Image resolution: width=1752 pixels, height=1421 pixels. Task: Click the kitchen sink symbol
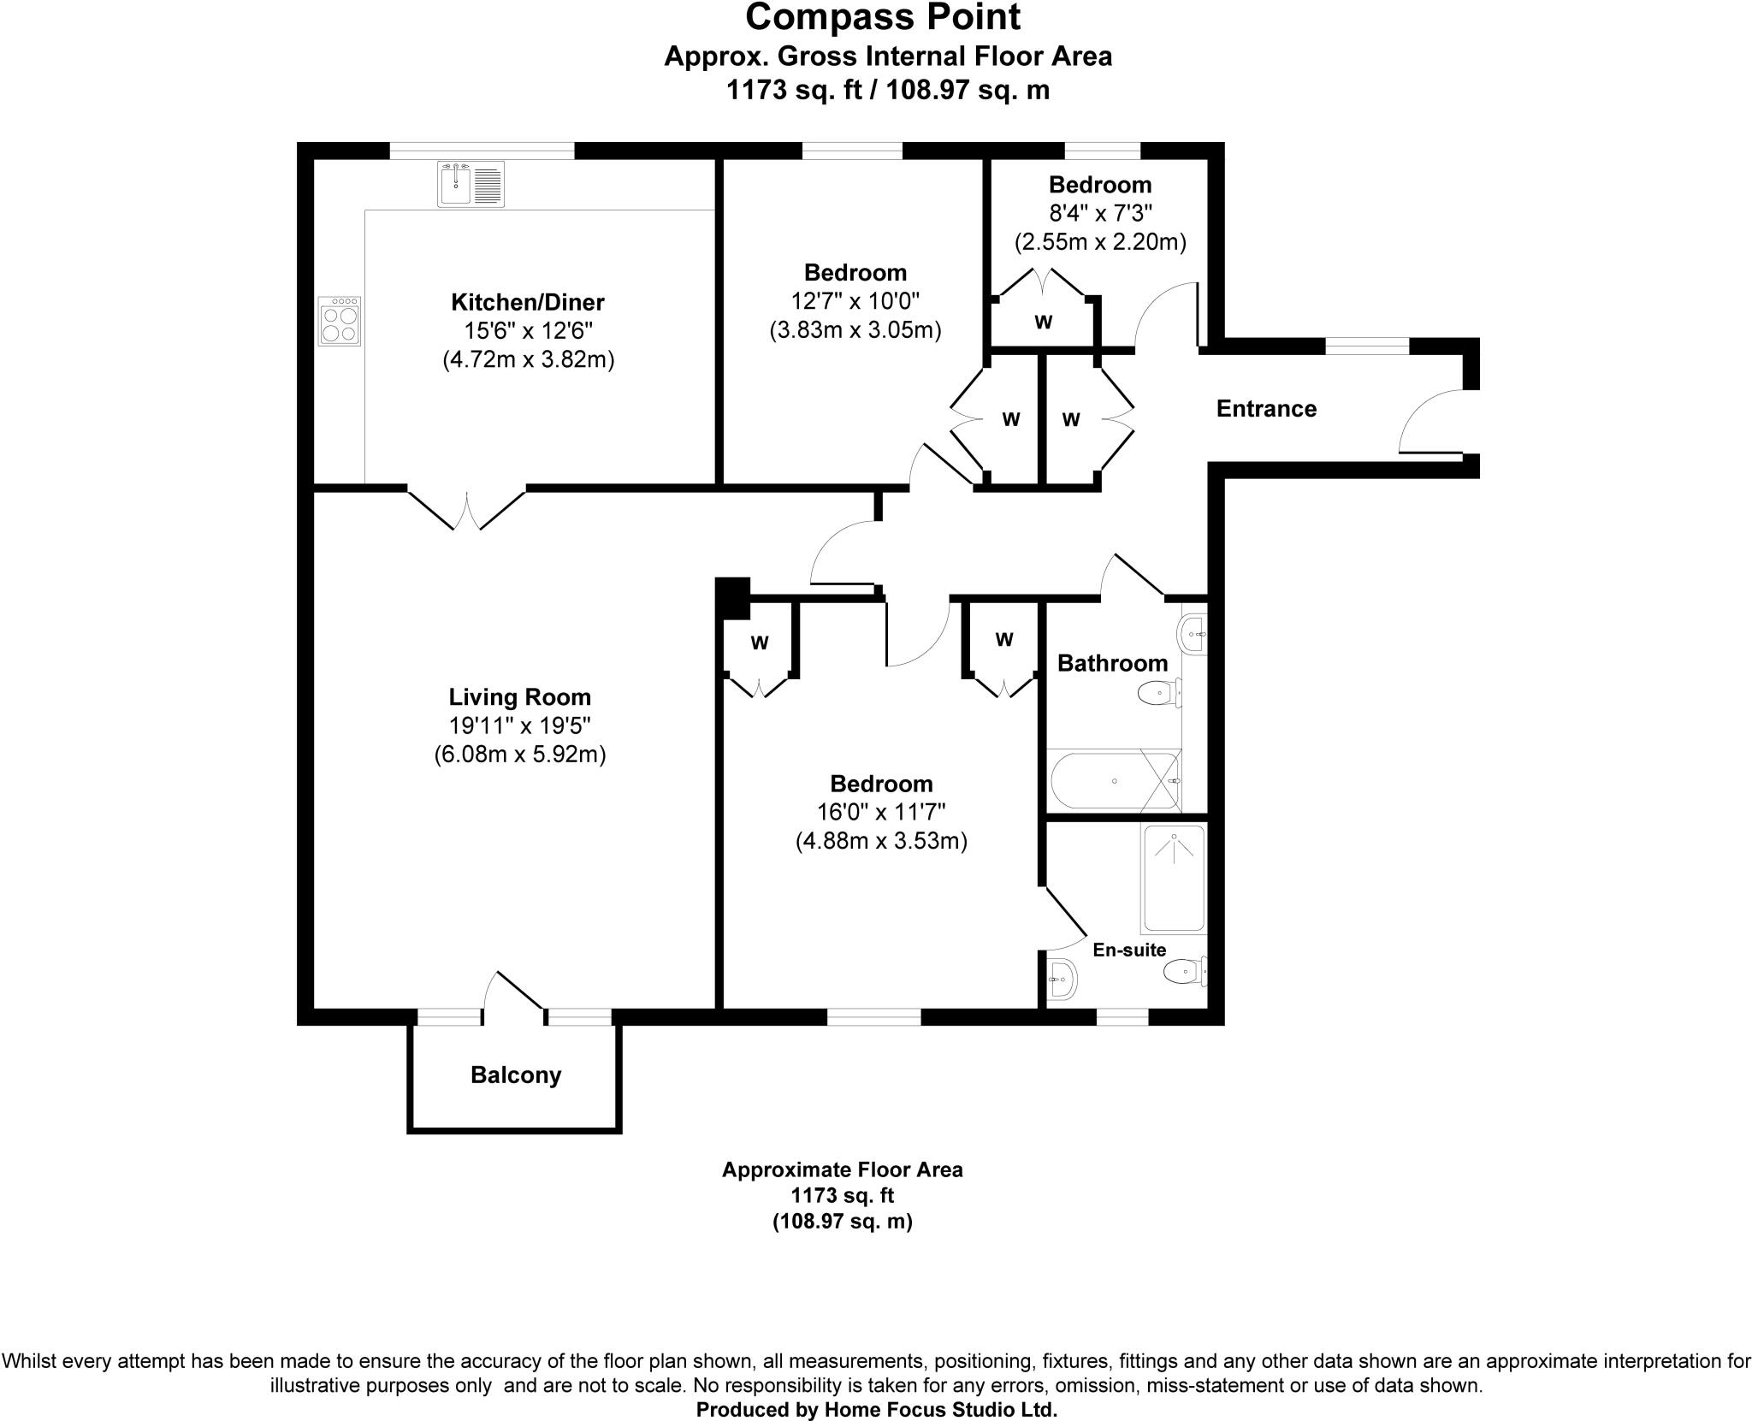click(471, 184)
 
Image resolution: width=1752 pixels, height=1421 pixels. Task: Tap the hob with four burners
click(340, 321)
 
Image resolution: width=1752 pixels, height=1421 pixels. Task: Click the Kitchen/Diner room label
click(527, 302)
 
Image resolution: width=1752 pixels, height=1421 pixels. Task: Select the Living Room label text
click(519, 696)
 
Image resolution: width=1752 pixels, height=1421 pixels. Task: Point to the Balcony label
click(515, 1075)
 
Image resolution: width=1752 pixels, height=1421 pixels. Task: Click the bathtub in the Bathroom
click(1112, 781)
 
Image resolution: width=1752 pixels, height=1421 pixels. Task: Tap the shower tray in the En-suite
click(1174, 879)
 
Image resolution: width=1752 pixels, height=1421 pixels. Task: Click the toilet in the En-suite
click(1184, 971)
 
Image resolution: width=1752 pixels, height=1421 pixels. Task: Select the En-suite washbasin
click(1062, 977)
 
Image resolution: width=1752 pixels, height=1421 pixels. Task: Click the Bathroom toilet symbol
click(1159, 692)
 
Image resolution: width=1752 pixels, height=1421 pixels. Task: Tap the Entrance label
click(1265, 409)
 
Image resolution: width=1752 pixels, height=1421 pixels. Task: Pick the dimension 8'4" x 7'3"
click(1099, 213)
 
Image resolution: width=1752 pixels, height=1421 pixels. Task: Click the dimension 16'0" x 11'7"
click(880, 812)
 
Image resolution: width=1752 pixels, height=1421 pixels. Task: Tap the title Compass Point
click(883, 18)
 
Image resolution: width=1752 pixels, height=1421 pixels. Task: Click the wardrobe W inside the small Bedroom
click(1043, 323)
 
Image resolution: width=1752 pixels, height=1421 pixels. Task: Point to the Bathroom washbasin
click(1193, 635)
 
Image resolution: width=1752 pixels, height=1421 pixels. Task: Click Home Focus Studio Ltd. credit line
click(876, 1409)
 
